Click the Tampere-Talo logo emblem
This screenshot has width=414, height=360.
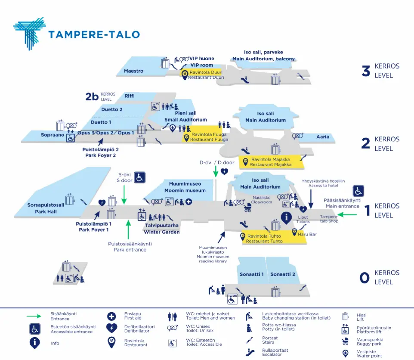[x=29, y=33]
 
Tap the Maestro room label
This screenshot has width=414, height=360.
[x=133, y=71]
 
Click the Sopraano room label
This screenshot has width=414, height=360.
[x=53, y=135]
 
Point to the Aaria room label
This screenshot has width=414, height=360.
[x=322, y=137]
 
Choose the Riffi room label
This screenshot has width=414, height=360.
[x=130, y=96]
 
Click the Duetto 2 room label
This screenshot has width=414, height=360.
[x=112, y=109]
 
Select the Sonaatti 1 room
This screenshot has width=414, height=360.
[x=251, y=274]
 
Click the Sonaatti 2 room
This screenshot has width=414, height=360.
[x=283, y=274]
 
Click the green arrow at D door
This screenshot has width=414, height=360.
[x=216, y=171]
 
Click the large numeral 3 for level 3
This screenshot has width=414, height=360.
[x=366, y=71]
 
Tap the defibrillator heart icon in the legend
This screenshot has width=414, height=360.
[x=112, y=328]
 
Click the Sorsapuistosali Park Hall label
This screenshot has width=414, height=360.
[x=43, y=208]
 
